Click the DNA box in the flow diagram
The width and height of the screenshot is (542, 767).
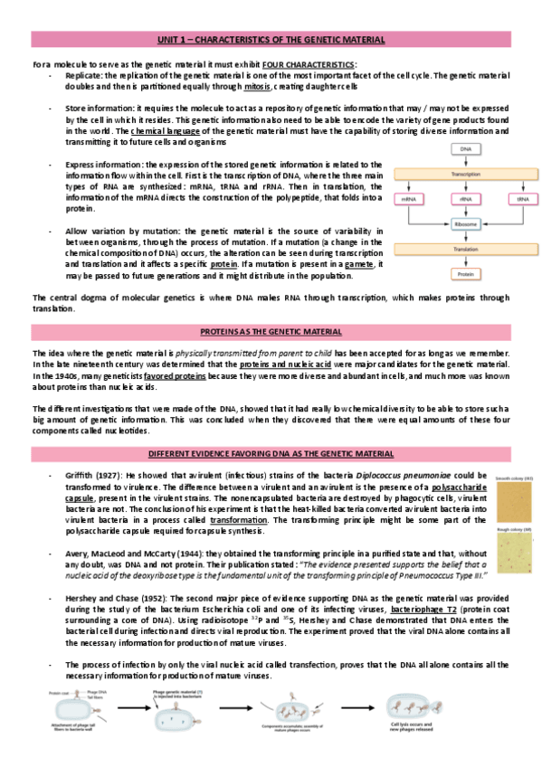(x=465, y=148)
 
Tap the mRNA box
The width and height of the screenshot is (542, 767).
(x=408, y=198)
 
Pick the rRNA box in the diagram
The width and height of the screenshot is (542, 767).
(x=465, y=198)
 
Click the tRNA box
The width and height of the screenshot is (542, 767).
(x=522, y=198)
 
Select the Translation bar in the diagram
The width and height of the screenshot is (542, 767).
(x=465, y=248)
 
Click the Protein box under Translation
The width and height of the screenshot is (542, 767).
(x=465, y=272)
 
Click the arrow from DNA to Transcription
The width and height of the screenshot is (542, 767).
(x=465, y=161)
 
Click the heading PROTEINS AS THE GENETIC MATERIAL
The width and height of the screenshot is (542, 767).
(x=271, y=330)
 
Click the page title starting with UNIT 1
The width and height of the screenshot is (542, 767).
(x=271, y=40)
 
